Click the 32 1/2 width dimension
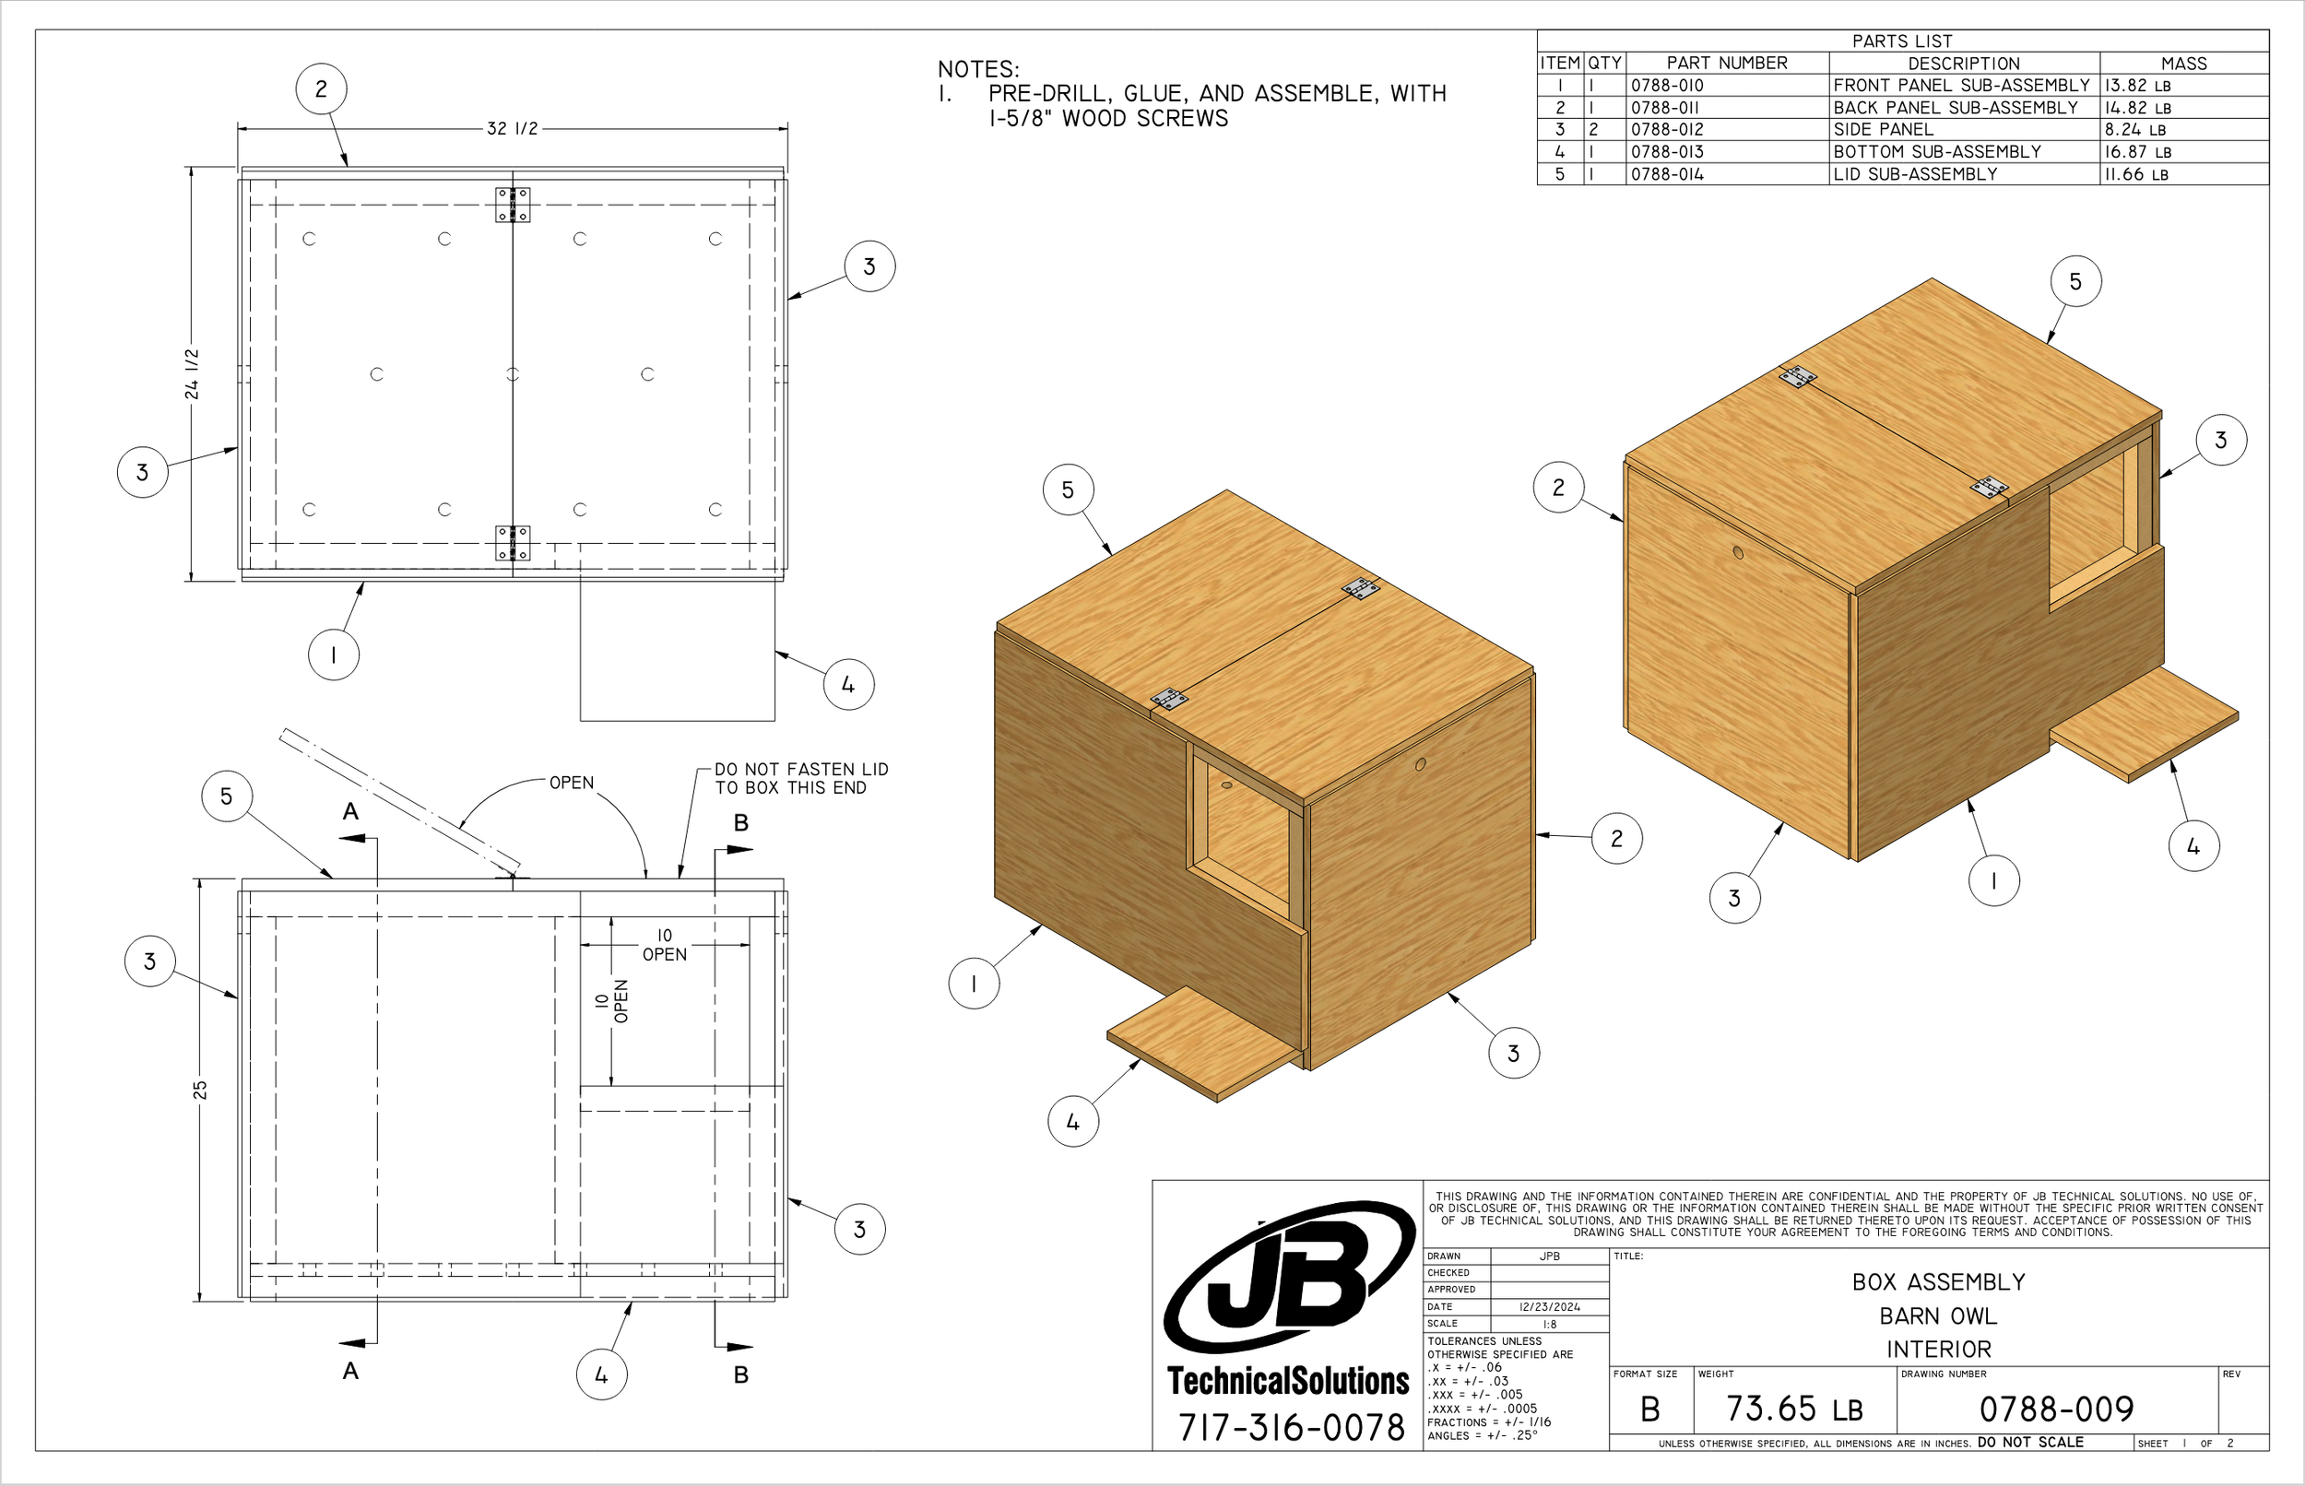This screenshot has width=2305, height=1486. click(513, 128)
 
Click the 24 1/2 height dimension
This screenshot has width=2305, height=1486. click(192, 374)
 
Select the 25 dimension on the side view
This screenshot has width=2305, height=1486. click(200, 1090)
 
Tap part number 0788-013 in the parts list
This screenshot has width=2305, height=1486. click(1667, 151)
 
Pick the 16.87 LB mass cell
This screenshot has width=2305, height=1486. click(2137, 151)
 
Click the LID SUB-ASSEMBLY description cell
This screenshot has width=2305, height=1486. click(1914, 174)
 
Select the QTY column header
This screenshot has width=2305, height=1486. click(1604, 63)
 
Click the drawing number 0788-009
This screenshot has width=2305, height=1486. click(2056, 1409)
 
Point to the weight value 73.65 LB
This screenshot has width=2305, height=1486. click(1793, 1409)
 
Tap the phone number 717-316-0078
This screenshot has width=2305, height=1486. click(1291, 1427)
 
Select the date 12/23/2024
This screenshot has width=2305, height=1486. click(1550, 1306)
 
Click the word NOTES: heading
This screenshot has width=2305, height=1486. click(978, 69)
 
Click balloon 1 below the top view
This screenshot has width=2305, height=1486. click(334, 655)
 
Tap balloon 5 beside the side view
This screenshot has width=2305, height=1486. click(227, 796)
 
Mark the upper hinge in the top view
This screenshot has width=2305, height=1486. click(513, 205)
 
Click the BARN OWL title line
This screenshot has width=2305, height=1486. click(1937, 1316)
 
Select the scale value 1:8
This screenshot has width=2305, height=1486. click(1550, 1324)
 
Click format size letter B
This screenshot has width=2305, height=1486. click(1649, 1409)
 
